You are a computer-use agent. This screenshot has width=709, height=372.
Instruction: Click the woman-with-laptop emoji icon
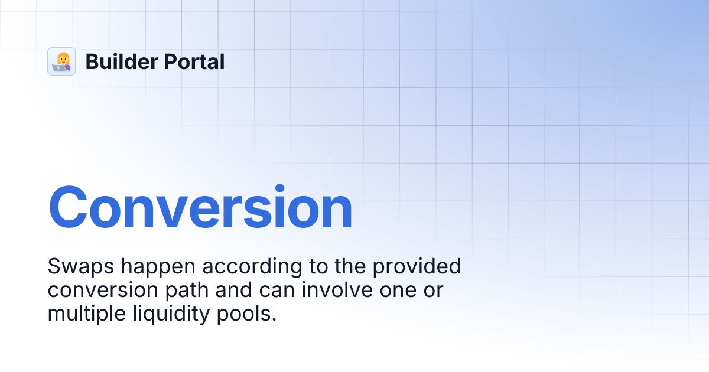pyautogui.click(x=61, y=61)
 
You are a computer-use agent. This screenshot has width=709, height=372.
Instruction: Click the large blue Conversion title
pyautogui.click(x=200, y=208)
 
